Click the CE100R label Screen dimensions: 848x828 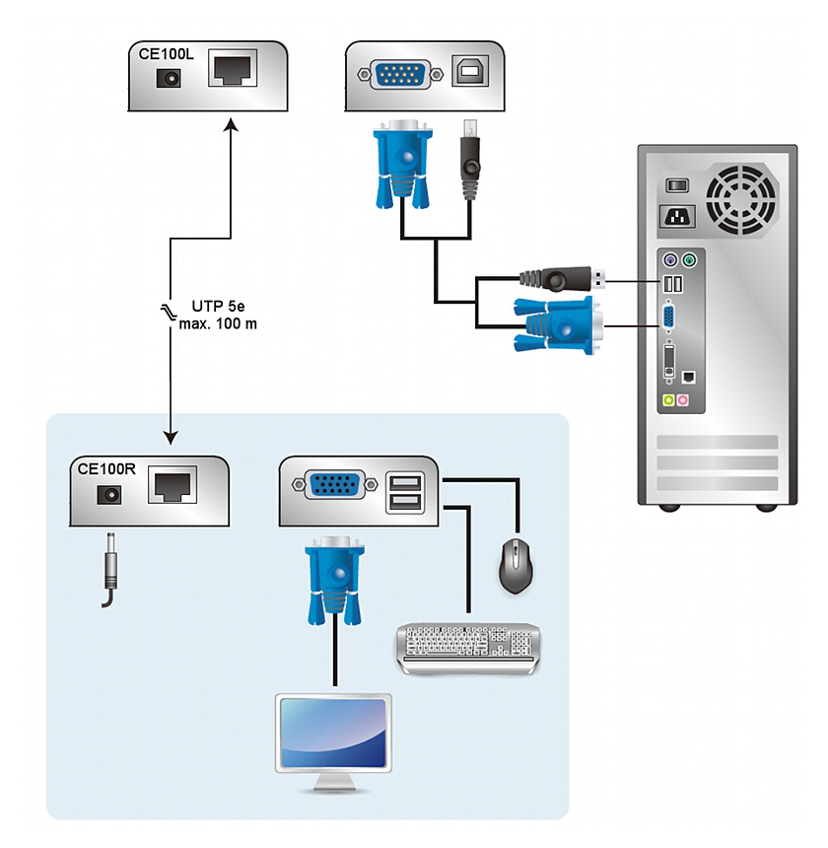[x=105, y=469]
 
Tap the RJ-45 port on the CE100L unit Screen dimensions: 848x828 [x=233, y=71]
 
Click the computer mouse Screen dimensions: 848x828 [x=517, y=566]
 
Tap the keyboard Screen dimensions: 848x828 [x=468, y=647]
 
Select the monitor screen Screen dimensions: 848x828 [x=333, y=734]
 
